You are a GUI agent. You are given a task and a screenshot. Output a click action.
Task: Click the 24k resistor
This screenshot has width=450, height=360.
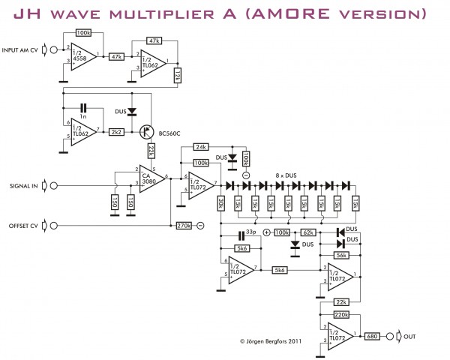[x=201, y=146]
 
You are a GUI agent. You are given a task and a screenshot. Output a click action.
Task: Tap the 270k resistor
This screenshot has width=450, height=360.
[x=183, y=225]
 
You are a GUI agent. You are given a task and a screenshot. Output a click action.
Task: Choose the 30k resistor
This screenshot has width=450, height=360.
[x=222, y=204]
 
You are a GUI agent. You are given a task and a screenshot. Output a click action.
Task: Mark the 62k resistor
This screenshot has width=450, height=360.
[x=308, y=233]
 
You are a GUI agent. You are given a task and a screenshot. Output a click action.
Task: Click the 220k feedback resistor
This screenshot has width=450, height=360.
[x=341, y=315]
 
